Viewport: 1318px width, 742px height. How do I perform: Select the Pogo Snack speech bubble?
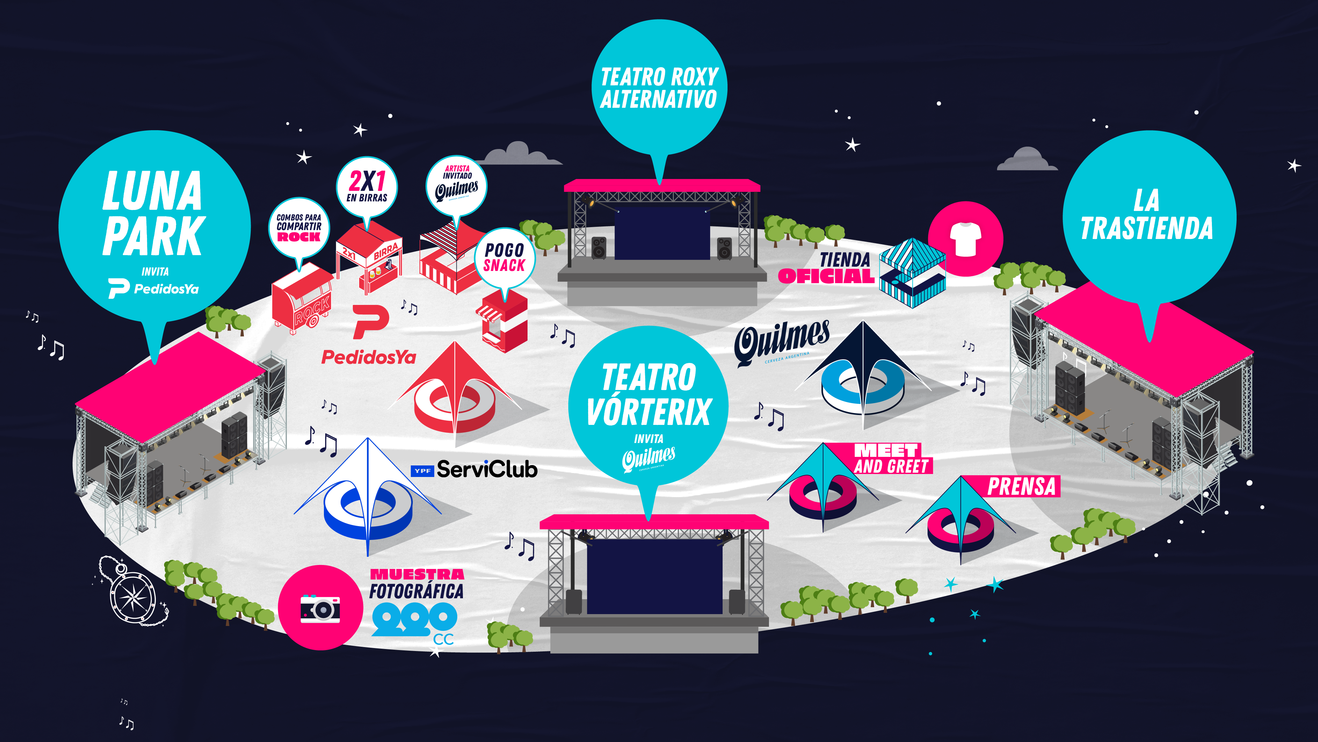pyautogui.click(x=504, y=258)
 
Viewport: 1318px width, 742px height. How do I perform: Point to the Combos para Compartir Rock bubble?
pyautogui.click(x=299, y=228)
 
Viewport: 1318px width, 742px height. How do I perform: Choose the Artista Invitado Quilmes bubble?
pyautogui.click(x=456, y=185)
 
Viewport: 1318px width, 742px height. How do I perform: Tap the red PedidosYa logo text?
pyautogui.click(x=368, y=357)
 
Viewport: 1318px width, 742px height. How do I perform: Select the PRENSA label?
pyautogui.click(x=1021, y=487)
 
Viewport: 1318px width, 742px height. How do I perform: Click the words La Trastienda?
pyautogui.click(x=1147, y=215)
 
